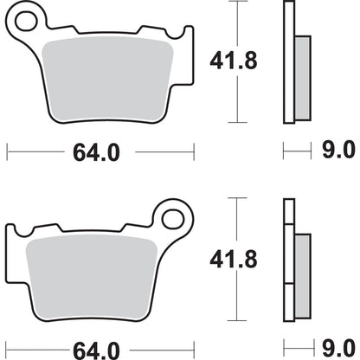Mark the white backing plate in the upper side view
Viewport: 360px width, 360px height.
[288, 65]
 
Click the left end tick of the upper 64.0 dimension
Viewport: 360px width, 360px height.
[8, 152]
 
